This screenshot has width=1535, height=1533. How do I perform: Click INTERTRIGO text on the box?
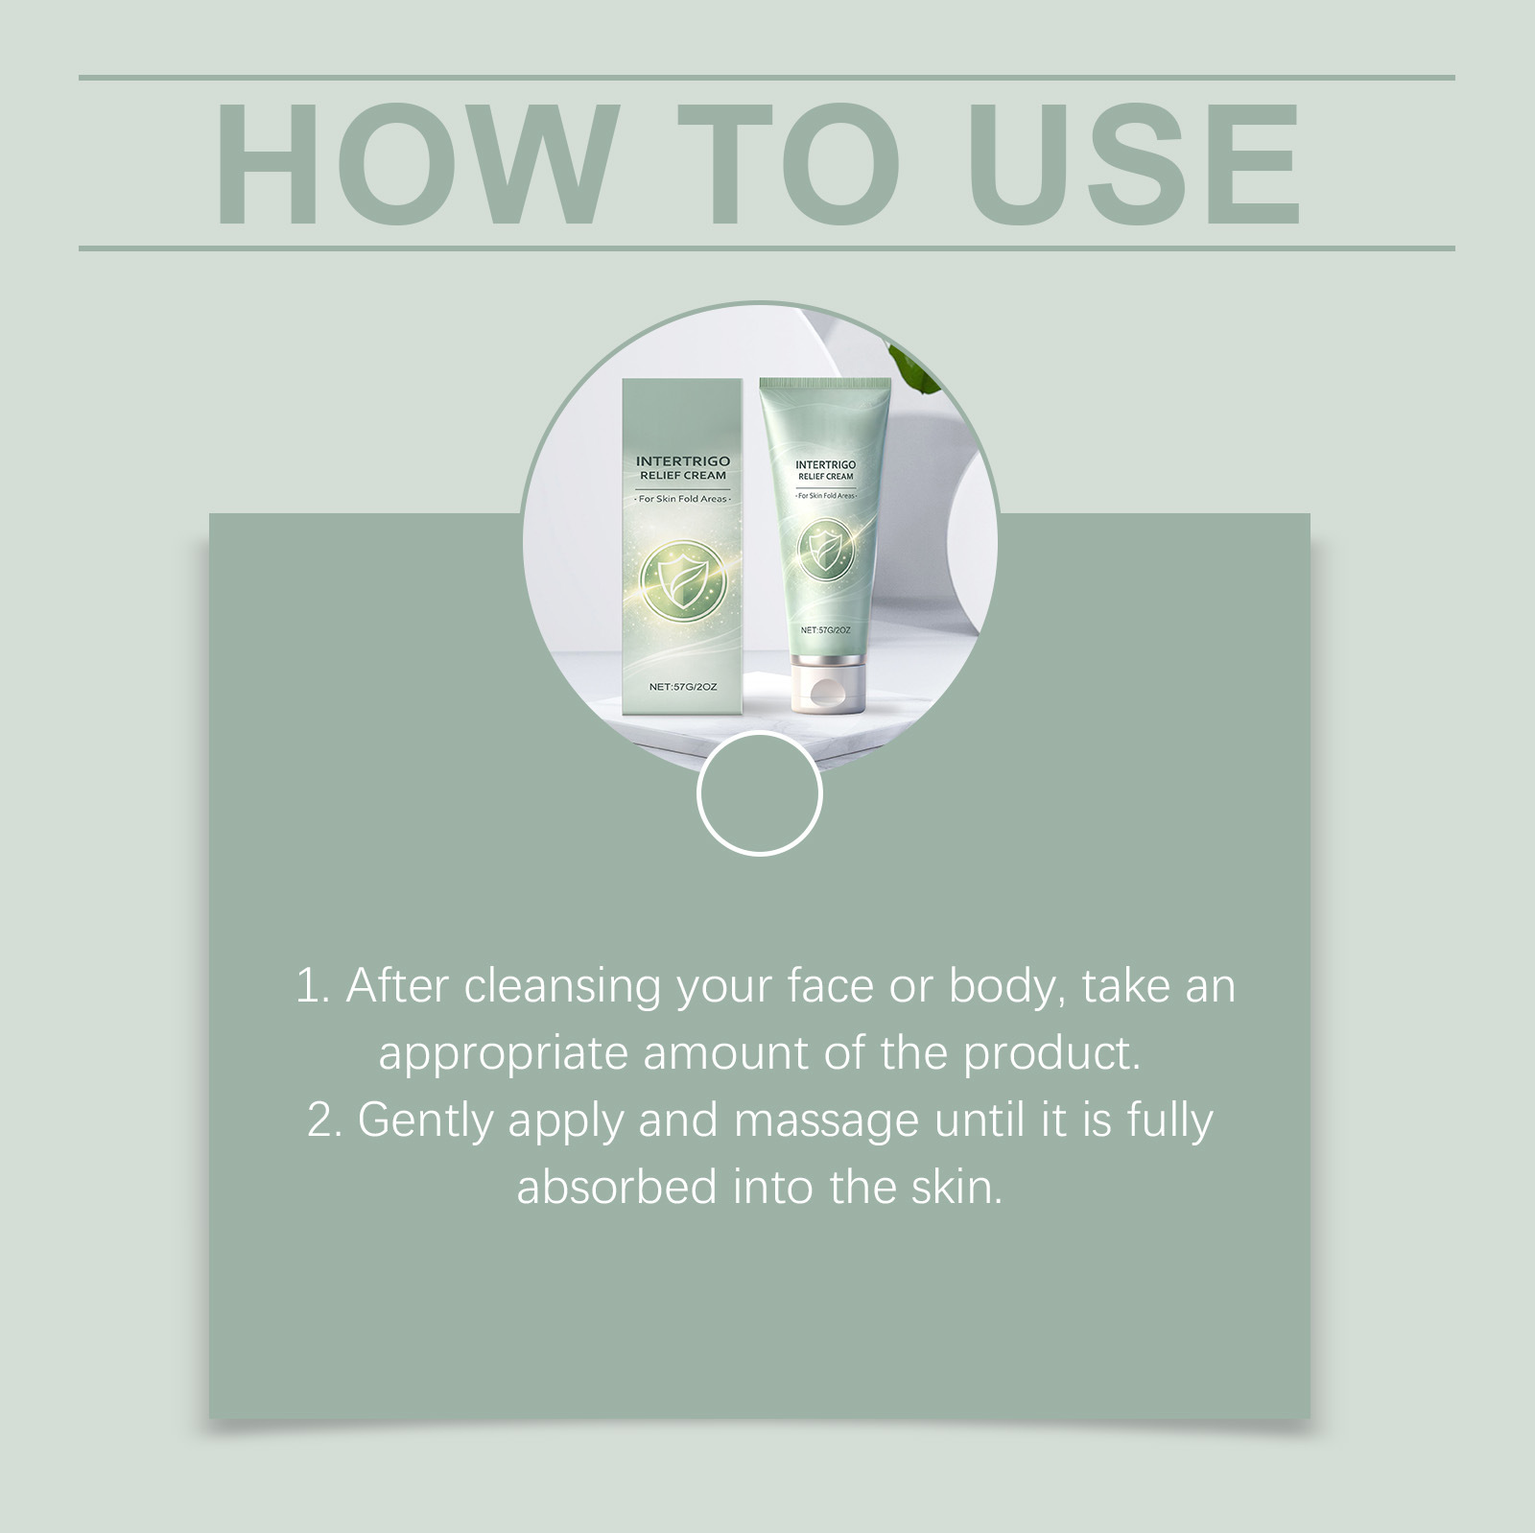[x=683, y=462]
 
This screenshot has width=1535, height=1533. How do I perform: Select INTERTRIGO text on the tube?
[x=825, y=465]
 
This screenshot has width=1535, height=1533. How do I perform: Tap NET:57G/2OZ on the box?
[x=683, y=687]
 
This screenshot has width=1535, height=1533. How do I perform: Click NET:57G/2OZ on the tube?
[x=826, y=630]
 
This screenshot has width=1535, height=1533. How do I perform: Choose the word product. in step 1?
[x=1051, y=1055]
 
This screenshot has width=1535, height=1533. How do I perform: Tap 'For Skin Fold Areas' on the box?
[x=683, y=499]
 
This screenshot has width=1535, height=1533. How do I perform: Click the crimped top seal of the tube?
[x=826, y=384]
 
